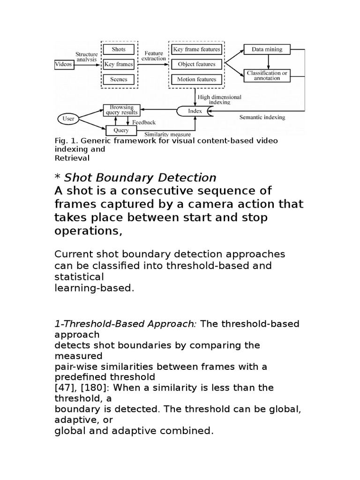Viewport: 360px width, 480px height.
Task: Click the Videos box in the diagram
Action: click(x=64, y=64)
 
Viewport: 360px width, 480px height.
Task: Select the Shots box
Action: click(x=118, y=49)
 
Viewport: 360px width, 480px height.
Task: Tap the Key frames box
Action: click(x=118, y=64)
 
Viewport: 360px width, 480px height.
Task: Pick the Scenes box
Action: click(x=118, y=79)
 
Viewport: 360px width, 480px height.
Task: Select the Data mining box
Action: click(x=267, y=49)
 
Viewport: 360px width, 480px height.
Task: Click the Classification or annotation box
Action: click(x=267, y=75)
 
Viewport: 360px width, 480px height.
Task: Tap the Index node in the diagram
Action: click(x=195, y=111)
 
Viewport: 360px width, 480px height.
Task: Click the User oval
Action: click(x=68, y=119)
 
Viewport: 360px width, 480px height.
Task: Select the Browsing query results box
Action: click(x=121, y=110)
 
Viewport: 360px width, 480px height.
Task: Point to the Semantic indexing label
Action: click(x=262, y=117)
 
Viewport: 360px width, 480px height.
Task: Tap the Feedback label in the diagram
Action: click(x=143, y=122)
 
